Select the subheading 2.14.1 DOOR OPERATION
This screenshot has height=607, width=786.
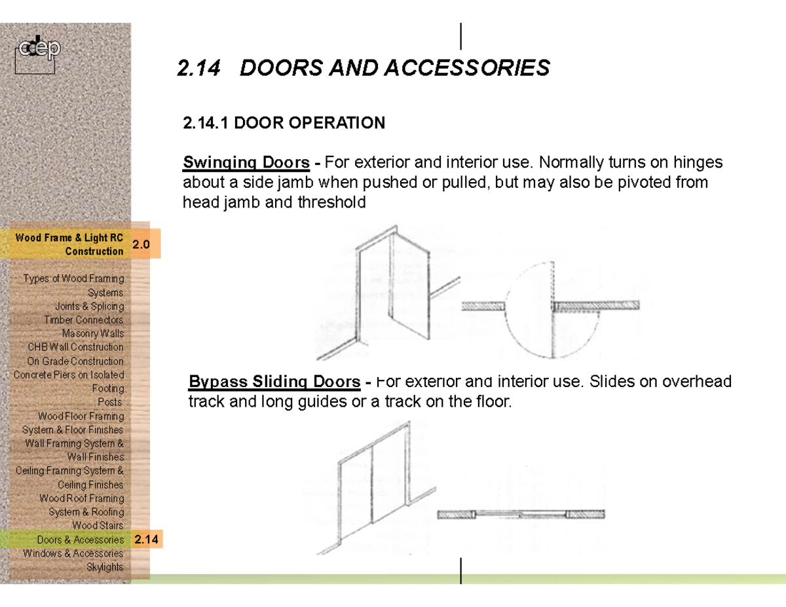284,123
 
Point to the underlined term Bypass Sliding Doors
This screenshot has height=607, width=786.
274,382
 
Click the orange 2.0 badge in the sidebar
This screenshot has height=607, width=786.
141,245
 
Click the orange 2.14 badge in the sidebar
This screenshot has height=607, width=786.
147,540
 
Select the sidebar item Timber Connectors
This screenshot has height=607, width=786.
83,320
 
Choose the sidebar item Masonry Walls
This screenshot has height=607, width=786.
92,334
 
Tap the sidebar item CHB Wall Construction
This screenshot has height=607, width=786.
75,347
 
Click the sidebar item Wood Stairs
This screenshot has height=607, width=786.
98,526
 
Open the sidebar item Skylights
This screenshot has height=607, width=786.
105,567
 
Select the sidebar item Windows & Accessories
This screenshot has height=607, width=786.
73,553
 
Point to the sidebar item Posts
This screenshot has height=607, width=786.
109,402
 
